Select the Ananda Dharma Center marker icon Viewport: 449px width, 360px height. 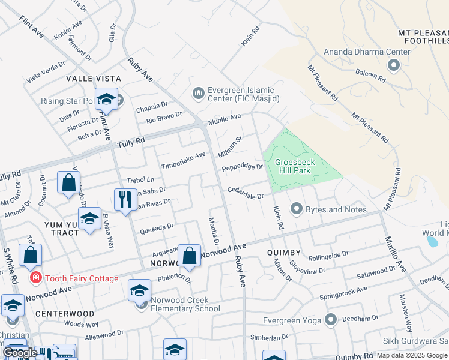tap(394, 65)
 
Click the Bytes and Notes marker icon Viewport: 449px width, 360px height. tap(296, 209)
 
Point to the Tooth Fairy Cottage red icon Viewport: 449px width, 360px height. tap(35, 278)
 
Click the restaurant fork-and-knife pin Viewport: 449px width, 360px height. tap(124, 199)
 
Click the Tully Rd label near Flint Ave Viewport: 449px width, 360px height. tap(131, 142)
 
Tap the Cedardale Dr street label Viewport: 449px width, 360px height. tap(245, 193)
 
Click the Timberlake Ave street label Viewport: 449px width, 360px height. tap(183, 160)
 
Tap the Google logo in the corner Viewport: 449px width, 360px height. tap(19, 353)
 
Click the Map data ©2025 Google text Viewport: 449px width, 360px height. tap(411, 355)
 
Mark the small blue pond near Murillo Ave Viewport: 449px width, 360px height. tap(432, 241)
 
